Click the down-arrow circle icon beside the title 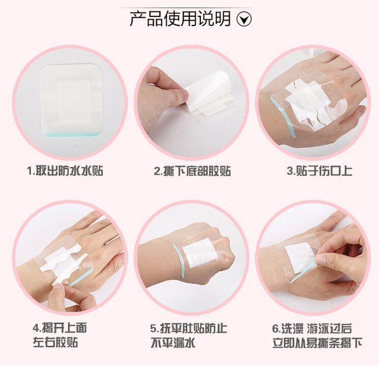(x=244, y=19)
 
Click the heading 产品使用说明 (x=180, y=19)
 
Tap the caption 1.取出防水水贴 (x=65, y=171)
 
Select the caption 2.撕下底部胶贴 (x=192, y=171)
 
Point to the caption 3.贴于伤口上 (x=319, y=171)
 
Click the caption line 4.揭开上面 (x=60, y=328)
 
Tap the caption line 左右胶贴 (x=55, y=343)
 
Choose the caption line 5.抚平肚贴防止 (x=189, y=328)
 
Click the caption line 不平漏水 (x=173, y=343)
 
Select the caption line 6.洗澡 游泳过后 (x=312, y=328)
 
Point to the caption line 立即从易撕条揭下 (x=317, y=343)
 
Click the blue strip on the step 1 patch (x=72, y=134)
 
